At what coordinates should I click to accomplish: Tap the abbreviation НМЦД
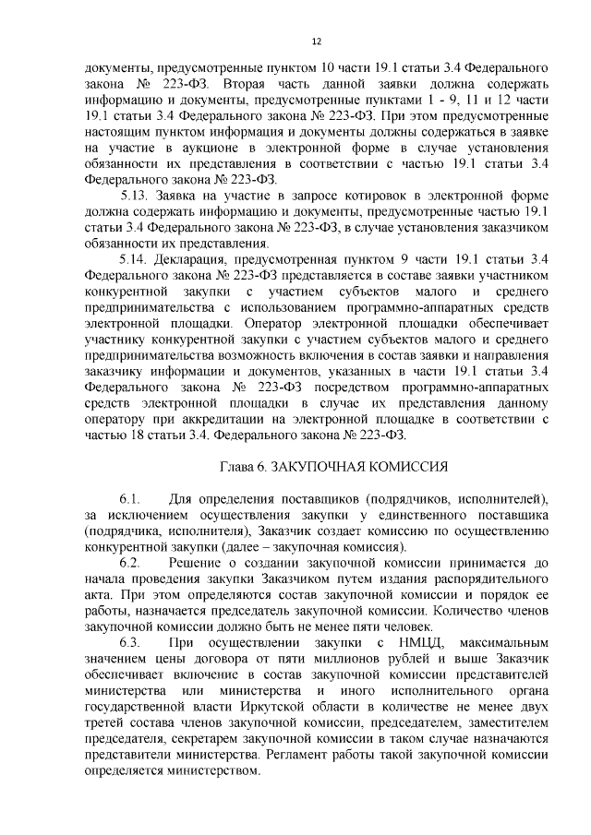(420, 642)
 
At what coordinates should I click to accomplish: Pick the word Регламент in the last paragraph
(298, 754)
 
